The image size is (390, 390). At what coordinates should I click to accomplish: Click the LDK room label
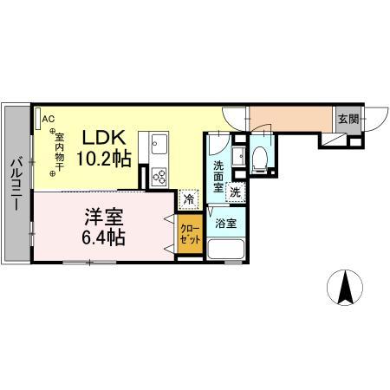coord(104,138)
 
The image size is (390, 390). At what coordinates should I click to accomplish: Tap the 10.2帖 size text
coord(104,158)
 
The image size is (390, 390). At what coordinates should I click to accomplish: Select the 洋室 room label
coord(104,218)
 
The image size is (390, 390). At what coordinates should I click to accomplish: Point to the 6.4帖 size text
coord(103,237)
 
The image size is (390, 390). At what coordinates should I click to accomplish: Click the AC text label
coord(48,119)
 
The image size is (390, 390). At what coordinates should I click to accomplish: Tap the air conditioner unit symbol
coord(38,119)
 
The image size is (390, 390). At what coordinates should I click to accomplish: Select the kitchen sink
coord(159,144)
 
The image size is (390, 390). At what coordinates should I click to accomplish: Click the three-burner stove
coord(159,177)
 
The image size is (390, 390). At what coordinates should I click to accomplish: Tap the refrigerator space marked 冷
coord(189,199)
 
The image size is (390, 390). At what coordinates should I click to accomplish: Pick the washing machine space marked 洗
coord(236,192)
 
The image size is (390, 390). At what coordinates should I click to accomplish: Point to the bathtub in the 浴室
coord(226,249)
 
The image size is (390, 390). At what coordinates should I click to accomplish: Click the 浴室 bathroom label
coord(225,224)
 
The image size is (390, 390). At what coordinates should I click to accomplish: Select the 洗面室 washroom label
coord(218,177)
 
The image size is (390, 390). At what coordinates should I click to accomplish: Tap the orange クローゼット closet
coord(190,234)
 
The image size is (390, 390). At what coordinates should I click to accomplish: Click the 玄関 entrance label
coord(348,119)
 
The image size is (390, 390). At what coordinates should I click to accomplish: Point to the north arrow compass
coord(345,288)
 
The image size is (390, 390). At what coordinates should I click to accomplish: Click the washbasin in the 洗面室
coord(239,156)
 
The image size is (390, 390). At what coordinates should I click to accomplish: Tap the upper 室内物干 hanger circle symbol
coord(52,131)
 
